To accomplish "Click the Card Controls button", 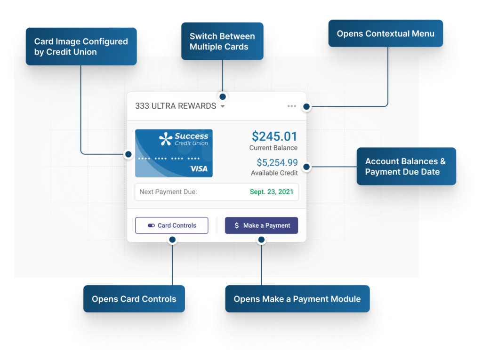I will [172, 225].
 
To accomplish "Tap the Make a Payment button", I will [261, 225].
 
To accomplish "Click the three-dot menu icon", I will [292, 106].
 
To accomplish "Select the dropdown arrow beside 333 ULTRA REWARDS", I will [223, 106].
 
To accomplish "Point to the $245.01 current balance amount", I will [274, 136].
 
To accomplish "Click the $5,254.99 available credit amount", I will [277, 163].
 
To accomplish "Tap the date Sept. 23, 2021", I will [271, 192].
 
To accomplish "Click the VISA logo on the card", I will [199, 168].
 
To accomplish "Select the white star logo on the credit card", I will [166, 138].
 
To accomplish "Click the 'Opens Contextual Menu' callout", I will [386, 33].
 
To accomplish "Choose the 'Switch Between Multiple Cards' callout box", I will [222, 41].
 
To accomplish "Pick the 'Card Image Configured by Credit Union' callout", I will [81, 47].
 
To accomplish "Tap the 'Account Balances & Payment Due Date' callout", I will [406, 167].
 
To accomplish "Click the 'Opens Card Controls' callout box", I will [134, 299].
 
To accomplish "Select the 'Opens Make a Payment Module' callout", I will [297, 299].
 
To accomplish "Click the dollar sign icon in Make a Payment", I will [236, 225].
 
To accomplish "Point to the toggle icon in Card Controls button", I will [151, 225].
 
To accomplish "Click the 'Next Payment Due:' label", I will [168, 192].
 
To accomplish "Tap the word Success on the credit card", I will [192, 136].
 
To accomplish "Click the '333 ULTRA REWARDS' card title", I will [176, 106].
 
